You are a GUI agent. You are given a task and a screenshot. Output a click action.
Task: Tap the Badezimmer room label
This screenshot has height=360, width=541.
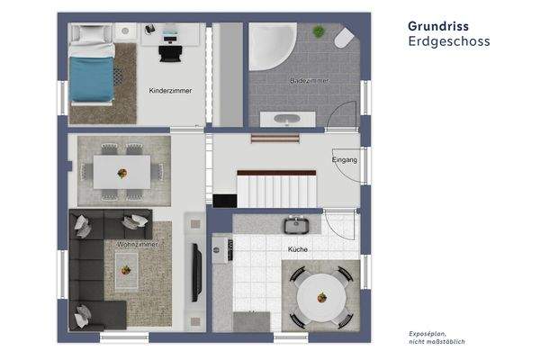point(309,81)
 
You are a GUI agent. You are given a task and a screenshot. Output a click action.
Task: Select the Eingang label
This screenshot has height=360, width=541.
point(345,160)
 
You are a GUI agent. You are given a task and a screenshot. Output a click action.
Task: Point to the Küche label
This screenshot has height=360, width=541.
point(299,248)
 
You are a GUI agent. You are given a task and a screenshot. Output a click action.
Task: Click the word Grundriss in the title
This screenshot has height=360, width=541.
point(437,27)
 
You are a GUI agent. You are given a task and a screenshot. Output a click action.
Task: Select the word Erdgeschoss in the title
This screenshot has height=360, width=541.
point(448,41)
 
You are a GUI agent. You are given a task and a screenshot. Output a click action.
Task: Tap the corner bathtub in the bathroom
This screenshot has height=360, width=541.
point(271,46)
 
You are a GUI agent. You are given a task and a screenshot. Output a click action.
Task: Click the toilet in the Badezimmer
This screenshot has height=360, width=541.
point(344,40)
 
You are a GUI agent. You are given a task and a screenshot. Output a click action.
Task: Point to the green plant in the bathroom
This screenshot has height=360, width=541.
point(318,31)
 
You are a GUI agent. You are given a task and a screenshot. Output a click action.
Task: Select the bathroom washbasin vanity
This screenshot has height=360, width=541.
point(287,119)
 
